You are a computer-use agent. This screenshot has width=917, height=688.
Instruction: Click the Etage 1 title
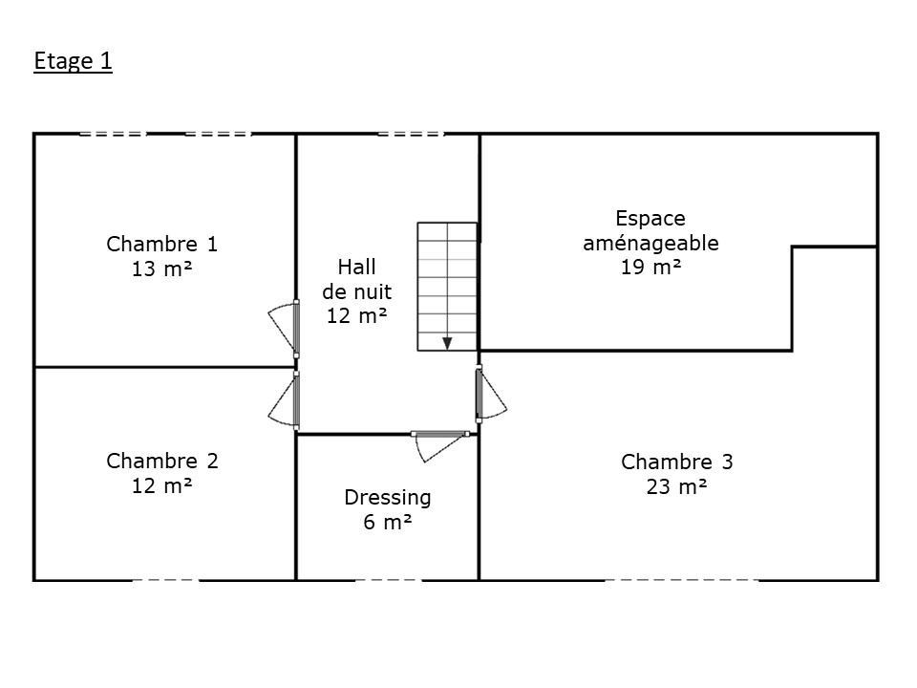click(x=74, y=61)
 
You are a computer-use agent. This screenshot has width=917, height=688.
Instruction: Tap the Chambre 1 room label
click(x=162, y=244)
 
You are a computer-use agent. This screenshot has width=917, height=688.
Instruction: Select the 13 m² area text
click(x=162, y=269)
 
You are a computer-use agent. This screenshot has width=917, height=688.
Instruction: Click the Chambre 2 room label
click(x=162, y=461)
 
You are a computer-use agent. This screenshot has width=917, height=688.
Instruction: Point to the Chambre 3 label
click(x=676, y=462)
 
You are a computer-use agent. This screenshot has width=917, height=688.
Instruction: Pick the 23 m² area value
click(x=676, y=486)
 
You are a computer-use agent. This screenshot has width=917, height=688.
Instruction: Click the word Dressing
click(x=387, y=498)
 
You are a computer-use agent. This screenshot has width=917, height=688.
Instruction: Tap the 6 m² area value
click(x=387, y=522)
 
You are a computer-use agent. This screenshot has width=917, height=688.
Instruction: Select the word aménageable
click(x=650, y=243)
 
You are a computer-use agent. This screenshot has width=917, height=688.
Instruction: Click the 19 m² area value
click(x=650, y=268)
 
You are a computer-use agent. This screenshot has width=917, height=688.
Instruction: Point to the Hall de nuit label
click(x=356, y=291)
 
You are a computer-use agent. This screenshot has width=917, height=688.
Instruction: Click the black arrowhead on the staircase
click(x=447, y=343)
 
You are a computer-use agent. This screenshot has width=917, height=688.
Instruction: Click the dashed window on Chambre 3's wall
click(x=682, y=580)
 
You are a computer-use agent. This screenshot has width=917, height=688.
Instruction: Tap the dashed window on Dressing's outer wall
click(x=389, y=580)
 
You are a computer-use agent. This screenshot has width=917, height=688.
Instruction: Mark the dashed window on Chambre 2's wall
click(x=166, y=580)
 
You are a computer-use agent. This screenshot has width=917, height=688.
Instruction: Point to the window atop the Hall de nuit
click(x=411, y=134)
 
